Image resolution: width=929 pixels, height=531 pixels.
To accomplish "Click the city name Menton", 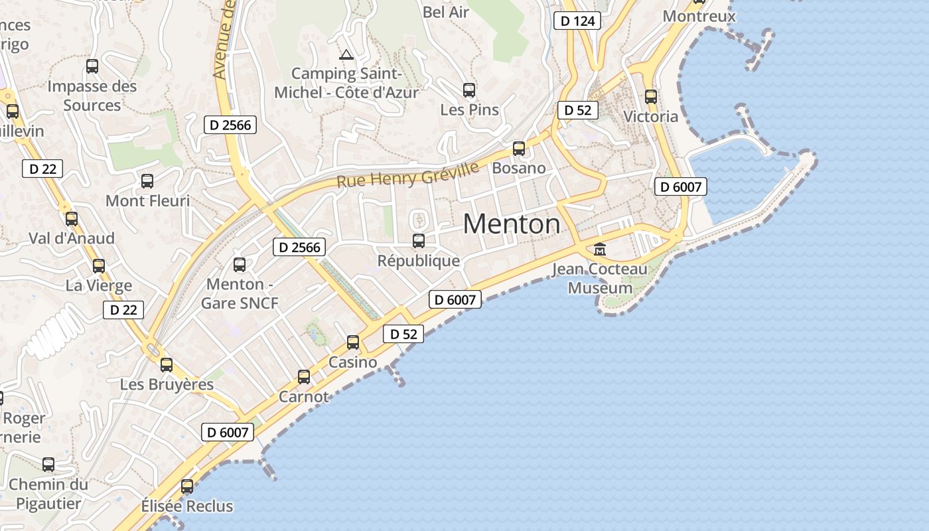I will point(512,224).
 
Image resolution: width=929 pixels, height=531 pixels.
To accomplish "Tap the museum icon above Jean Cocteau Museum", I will point(600,250).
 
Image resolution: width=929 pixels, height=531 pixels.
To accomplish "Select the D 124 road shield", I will point(577,21).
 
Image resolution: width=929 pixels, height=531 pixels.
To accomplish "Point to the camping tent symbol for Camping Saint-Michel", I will point(345,54).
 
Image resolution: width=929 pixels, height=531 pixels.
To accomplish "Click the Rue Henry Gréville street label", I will point(407,175).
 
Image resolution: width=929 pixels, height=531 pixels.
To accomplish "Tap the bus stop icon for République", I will point(419,240).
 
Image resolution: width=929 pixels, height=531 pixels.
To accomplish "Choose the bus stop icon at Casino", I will point(353,342).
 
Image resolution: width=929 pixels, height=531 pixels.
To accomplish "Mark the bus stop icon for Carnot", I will point(304,377).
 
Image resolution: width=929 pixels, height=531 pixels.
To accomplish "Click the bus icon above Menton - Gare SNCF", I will point(240,265).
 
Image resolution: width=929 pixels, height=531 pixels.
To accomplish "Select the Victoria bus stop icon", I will point(651,97).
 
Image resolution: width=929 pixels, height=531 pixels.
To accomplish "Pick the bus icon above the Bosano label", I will point(519,149).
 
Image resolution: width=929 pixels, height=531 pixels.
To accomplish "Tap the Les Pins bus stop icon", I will point(469,90).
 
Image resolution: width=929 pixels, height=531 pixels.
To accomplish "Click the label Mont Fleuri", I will point(148,200).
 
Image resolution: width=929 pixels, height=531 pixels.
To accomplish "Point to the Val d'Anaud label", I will point(72,238).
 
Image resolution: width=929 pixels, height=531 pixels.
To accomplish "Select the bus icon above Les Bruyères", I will point(167,365).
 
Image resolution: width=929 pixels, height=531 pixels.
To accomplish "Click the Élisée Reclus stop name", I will point(187,506).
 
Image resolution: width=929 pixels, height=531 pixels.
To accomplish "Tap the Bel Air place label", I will point(446,12).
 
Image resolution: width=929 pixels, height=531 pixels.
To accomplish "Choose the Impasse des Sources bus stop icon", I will point(92,66).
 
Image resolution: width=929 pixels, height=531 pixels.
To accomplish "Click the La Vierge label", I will point(99,286).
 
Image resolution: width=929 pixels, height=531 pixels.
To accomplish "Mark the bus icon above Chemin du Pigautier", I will point(48,465).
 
